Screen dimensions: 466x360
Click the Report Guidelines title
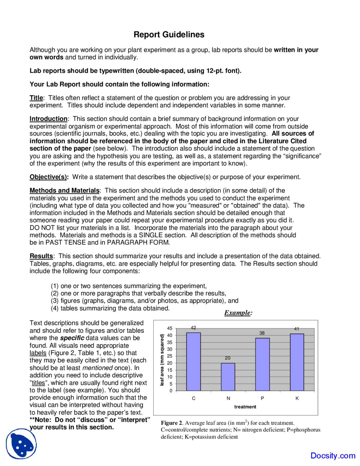click(169, 35)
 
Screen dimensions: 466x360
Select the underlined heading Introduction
click(48, 119)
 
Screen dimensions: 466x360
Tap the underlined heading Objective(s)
click(49, 177)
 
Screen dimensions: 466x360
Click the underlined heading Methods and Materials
click(64, 191)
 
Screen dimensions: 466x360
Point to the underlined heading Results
click(41, 256)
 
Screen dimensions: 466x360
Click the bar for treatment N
click(228, 377)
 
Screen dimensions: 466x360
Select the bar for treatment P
click(262, 364)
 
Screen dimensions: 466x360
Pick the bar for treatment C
click(193, 362)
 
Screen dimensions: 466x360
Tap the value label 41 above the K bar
click(296, 329)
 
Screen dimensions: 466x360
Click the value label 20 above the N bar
click(228, 358)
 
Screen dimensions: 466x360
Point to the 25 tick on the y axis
click(170, 356)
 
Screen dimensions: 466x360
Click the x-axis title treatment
click(245, 407)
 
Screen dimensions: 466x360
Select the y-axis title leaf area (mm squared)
click(162, 360)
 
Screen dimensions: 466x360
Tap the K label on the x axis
click(297, 398)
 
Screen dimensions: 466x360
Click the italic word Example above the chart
click(238, 313)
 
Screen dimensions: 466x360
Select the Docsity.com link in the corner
click(333, 455)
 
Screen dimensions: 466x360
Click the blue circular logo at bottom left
click(21, 443)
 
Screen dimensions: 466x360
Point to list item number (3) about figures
click(145, 301)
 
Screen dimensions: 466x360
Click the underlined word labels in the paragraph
click(38, 353)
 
